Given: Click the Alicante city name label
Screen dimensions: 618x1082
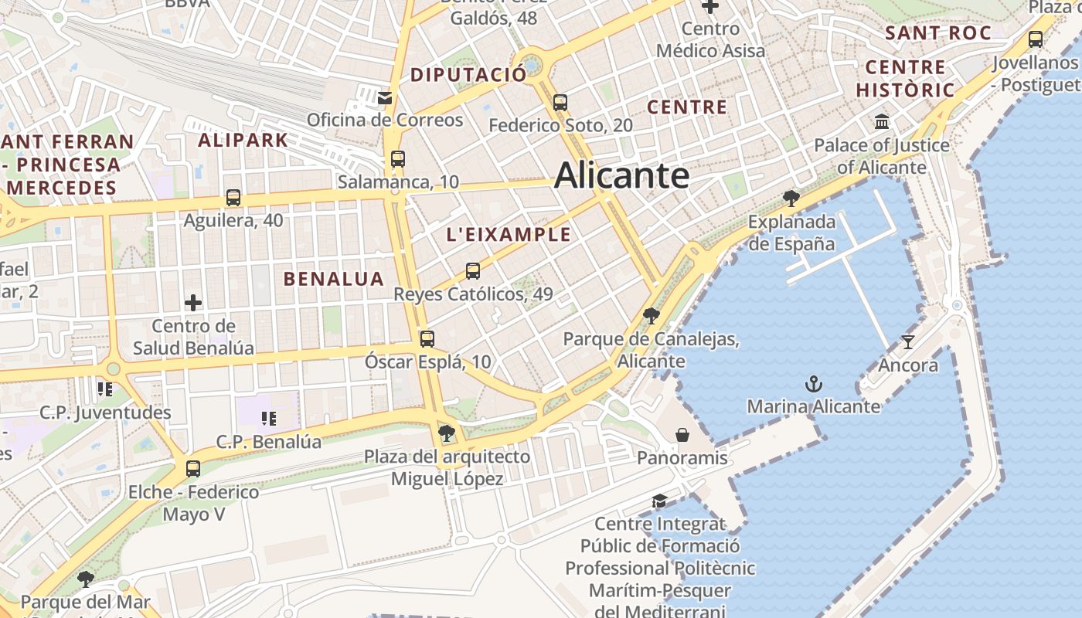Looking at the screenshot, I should [621, 175].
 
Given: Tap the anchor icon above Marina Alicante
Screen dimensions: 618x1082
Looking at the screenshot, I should [813, 384].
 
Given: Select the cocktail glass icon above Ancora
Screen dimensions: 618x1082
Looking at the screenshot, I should [907, 342].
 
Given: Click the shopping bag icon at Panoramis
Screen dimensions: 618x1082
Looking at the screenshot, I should [682, 435].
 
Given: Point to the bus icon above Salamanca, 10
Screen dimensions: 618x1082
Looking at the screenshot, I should [398, 159].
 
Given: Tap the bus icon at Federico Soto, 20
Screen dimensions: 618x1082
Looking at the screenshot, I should [560, 102].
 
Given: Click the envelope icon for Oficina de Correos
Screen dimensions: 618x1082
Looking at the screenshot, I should [384, 97].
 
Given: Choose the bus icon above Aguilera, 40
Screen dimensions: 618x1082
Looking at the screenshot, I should [233, 198].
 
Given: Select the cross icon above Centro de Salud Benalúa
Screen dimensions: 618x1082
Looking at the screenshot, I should [193, 303].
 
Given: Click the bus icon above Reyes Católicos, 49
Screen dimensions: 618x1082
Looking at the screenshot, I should [473, 271].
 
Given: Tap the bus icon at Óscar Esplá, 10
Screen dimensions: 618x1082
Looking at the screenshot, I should [427, 338].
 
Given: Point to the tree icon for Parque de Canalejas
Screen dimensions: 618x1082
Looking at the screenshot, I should [651, 315].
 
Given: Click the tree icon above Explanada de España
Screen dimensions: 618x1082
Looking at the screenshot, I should [791, 199].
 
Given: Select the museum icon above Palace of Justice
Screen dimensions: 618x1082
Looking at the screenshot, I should [882, 122].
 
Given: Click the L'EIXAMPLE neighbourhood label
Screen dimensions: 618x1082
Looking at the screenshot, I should [509, 235].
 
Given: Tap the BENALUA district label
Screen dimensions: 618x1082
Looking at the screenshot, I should [333, 279].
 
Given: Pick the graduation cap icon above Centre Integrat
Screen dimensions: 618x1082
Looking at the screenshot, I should [659, 501].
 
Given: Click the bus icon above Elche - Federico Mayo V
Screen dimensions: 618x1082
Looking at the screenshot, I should [193, 468].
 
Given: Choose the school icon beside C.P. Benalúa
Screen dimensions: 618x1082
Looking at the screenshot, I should [268, 419].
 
